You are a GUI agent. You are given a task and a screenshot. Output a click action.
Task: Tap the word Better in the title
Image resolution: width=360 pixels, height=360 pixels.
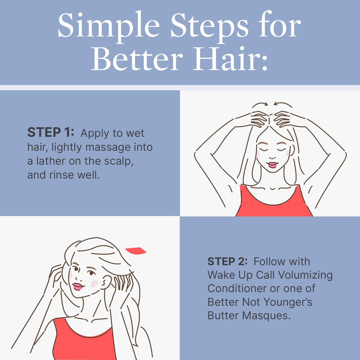pyautogui.click(x=136, y=60)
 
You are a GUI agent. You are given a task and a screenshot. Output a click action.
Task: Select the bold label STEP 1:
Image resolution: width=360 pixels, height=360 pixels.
pyautogui.click(x=51, y=133)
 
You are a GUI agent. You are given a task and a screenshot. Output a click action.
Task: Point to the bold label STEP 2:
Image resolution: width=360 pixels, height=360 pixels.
pyautogui.click(x=227, y=261)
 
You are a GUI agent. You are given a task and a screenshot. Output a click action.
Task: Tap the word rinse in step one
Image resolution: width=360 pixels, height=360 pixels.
pyautogui.click(x=62, y=175)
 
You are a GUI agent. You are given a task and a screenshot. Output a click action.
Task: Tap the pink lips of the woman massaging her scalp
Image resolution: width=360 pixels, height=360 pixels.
pyautogui.click(x=272, y=165)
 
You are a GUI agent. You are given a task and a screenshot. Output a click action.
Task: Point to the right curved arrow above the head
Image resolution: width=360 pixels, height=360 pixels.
pyautogui.click(x=283, y=104)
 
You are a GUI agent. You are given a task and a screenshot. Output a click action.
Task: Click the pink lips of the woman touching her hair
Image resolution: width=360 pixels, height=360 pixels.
pyautogui.click(x=78, y=286)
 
